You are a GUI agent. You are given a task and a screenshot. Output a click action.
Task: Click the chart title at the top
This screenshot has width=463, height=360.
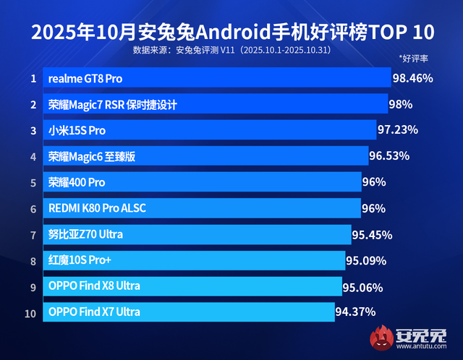(231, 32)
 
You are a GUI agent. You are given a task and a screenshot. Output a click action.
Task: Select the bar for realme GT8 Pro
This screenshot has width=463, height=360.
(217, 77)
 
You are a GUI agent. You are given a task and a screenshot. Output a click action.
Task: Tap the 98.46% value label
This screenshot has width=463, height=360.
(412, 77)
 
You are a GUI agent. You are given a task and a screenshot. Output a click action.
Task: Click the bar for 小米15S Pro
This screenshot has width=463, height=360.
(210, 130)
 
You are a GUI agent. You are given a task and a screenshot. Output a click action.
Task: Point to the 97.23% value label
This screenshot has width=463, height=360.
(398, 130)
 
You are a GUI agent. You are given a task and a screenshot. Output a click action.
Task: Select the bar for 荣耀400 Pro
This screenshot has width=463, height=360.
(203, 182)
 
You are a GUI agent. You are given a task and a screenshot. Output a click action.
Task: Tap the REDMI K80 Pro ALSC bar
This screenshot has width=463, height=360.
(203, 208)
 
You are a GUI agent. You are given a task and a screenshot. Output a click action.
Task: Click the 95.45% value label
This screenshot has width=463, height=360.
(372, 234)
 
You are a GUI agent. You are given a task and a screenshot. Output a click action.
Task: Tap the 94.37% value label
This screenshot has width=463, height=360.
(357, 312)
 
